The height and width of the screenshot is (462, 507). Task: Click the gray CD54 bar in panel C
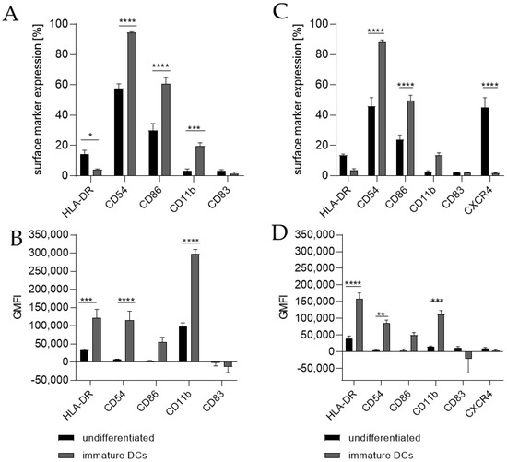pyautogui.click(x=381, y=108)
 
